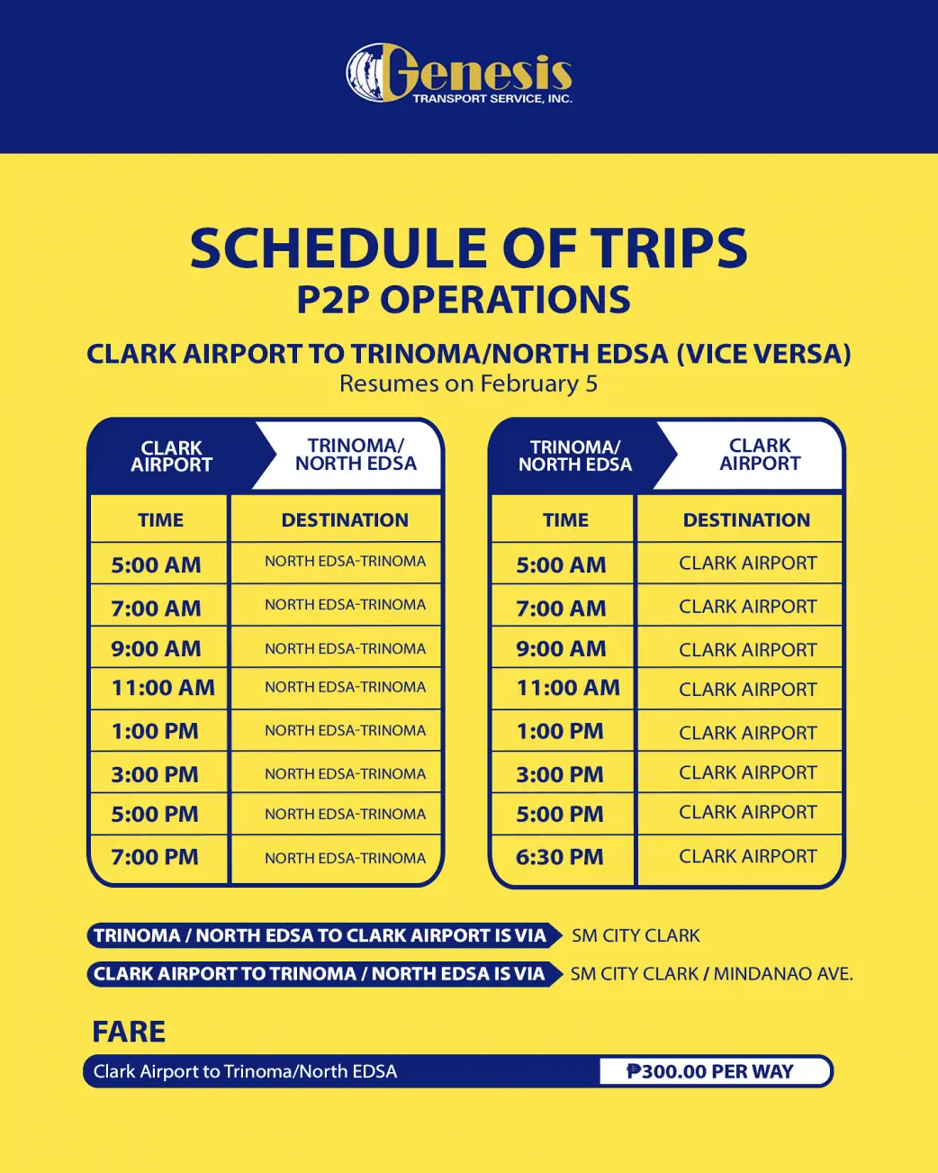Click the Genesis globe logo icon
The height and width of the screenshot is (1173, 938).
point(369,72)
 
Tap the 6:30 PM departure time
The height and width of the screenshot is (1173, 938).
point(559,857)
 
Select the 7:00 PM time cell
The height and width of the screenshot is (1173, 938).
point(155,857)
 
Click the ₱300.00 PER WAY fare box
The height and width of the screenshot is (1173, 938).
point(710,1071)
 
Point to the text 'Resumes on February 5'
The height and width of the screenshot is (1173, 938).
point(468,383)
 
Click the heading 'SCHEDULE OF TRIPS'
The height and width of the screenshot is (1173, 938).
point(468,248)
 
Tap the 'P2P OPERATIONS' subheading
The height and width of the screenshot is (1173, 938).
point(464,301)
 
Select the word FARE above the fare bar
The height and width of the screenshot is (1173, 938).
point(129,1032)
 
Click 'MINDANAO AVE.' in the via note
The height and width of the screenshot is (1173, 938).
point(783,974)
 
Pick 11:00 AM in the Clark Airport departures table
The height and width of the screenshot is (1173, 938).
point(163,689)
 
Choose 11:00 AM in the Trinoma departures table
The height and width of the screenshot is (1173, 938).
point(568,689)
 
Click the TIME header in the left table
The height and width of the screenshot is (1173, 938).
point(160,520)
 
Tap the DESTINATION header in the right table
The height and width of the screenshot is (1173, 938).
point(746,520)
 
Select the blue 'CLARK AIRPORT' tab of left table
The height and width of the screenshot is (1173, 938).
point(171,456)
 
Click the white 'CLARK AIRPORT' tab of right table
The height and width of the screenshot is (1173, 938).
point(760,455)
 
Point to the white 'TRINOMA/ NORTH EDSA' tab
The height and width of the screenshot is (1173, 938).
point(356,455)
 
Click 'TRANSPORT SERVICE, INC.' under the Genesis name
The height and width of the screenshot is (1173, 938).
point(492,99)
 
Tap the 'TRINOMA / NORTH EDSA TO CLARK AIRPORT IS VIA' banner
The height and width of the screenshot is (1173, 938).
point(320,936)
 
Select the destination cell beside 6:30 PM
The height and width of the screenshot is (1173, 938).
point(747,857)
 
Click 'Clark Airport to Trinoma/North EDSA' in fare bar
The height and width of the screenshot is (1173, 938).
point(245,1071)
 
